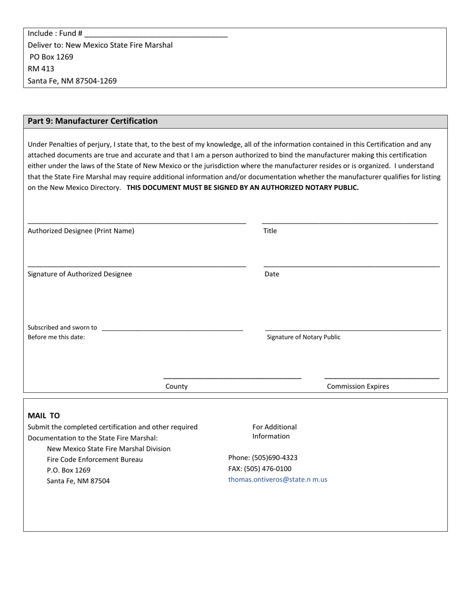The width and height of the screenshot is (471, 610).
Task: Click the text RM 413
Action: pyautogui.click(x=41, y=69)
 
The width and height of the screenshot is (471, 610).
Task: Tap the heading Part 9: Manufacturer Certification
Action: pyautogui.click(x=93, y=121)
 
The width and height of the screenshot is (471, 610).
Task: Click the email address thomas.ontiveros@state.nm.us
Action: pyautogui.click(x=278, y=480)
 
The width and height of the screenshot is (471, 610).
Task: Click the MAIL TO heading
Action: pyautogui.click(x=44, y=416)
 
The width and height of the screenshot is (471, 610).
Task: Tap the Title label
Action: pyautogui.click(x=270, y=231)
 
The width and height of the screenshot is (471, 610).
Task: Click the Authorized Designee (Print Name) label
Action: pyautogui.click(x=81, y=231)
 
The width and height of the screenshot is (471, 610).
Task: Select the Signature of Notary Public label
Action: pyautogui.click(x=303, y=337)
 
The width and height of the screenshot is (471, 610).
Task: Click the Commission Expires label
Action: pyautogui.click(x=358, y=386)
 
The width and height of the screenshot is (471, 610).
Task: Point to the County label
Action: pyautogui.click(x=177, y=386)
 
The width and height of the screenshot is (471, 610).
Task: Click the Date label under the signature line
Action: pyautogui.click(x=272, y=274)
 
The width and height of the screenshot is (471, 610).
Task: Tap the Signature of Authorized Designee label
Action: pyautogui.click(x=80, y=274)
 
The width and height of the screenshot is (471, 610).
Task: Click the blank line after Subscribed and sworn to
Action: pyautogui.click(x=172, y=329)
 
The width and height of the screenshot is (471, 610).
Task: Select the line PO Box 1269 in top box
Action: pyautogui.click(x=51, y=57)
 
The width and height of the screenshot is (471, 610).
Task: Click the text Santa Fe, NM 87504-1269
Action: pyautogui.click(x=72, y=81)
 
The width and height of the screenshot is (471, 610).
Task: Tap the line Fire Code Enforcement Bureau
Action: pyautogui.click(x=95, y=460)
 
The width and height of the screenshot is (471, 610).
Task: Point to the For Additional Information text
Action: pyautogui.click(x=274, y=431)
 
